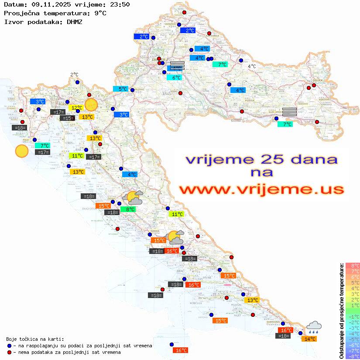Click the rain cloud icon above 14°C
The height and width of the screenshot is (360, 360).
[x=314, y=327]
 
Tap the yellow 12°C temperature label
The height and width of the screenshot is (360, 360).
[x=76, y=107]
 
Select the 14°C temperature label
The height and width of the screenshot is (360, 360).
[x=310, y=339]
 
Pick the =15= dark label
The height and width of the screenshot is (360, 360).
[x=67, y=118]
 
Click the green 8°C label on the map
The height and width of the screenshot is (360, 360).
[x=130, y=209]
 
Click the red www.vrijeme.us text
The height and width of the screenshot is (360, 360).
[x=261, y=189]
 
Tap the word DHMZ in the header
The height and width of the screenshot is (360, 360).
[x=74, y=21]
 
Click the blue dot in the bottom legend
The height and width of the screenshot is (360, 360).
[x=10, y=346]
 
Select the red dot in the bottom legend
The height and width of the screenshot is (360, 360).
[x=10, y=352]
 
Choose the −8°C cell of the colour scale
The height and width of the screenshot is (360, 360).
[x=352, y=357]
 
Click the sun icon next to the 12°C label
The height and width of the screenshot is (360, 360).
[x=91, y=105]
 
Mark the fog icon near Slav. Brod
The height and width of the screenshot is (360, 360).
[x=289, y=112]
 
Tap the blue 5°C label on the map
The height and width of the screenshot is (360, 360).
[x=123, y=89]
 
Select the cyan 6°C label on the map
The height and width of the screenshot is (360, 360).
[x=176, y=78]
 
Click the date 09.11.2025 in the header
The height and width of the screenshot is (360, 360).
[x=45, y=4]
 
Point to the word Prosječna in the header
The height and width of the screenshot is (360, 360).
[x=21, y=13]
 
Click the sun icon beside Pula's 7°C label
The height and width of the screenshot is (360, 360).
[x=21, y=151]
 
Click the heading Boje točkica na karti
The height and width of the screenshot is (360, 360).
[x=35, y=339]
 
